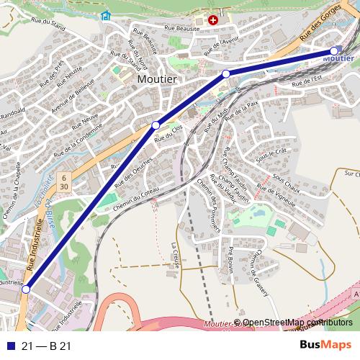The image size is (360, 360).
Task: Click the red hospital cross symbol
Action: [x=212, y=20]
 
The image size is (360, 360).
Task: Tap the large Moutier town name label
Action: [x=157, y=79]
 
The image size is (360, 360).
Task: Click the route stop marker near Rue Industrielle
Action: [x=26, y=289]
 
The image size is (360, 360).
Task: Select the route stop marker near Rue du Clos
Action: [x=156, y=125]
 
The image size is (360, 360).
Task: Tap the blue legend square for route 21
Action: [x=9, y=346]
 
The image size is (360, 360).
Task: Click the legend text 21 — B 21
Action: [x=46, y=346]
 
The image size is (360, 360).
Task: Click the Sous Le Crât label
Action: [x=271, y=153]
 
